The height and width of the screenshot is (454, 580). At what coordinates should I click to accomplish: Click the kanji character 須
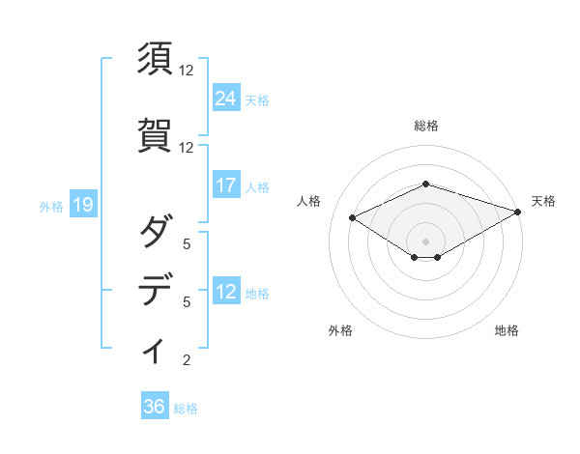(156, 60)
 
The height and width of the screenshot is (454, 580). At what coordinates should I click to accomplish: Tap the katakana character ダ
(156, 233)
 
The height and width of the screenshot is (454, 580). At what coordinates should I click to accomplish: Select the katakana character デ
(156, 290)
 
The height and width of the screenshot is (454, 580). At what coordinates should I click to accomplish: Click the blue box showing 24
(225, 98)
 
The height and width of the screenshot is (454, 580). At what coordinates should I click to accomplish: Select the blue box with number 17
(225, 185)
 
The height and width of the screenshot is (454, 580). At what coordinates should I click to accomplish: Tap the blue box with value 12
(225, 292)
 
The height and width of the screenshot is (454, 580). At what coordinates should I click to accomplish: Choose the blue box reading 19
(82, 205)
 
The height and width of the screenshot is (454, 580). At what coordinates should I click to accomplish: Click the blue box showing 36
(154, 407)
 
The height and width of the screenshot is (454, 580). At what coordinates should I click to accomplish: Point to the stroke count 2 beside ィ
(187, 361)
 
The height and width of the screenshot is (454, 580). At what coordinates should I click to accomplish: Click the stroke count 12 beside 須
(187, 71)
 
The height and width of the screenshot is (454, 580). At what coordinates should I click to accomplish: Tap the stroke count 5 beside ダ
(187, 244)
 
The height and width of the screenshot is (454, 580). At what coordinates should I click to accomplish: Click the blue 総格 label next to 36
(186, 409)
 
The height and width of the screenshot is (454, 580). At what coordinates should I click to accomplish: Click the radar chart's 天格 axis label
(543, 201)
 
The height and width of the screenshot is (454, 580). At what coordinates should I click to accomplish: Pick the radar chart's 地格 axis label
(507, 330)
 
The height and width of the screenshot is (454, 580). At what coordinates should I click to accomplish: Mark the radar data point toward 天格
(518, 213)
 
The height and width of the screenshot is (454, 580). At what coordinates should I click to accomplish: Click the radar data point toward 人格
(352, 217)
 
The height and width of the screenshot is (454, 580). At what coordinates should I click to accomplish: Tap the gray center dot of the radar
(425, 240)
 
